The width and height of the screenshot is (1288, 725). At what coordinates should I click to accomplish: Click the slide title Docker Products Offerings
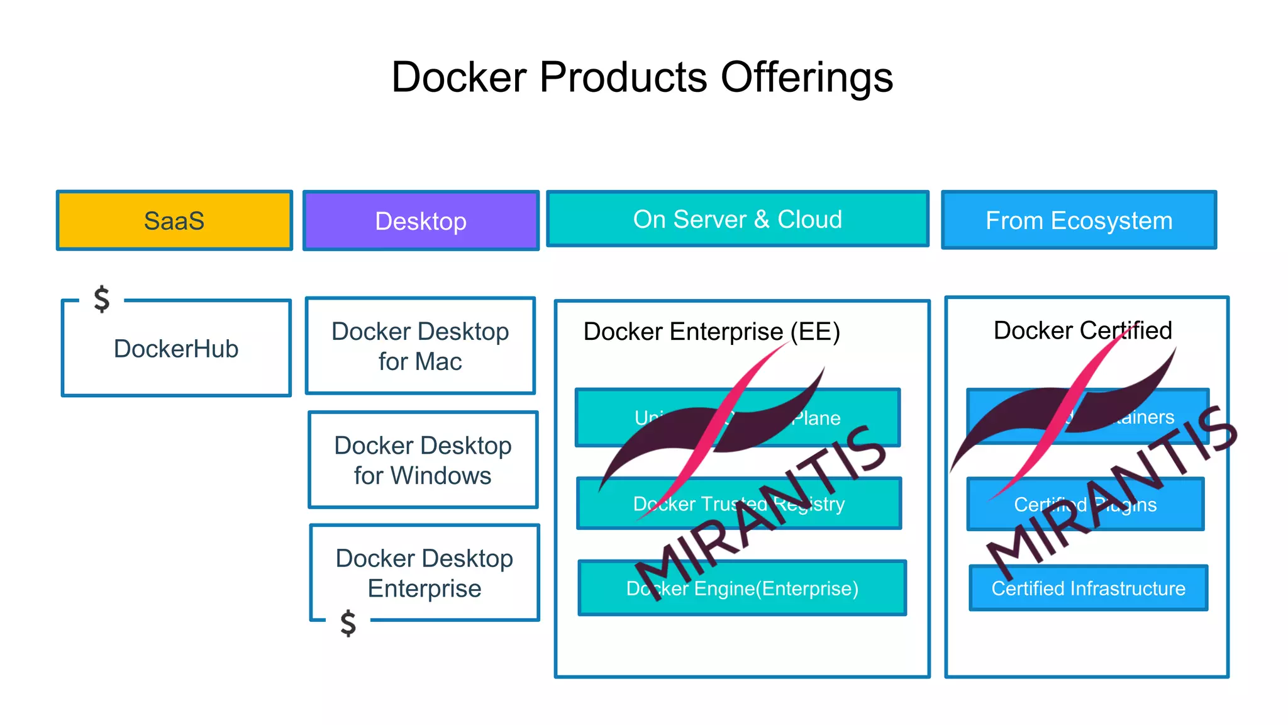click(x=642, y=77)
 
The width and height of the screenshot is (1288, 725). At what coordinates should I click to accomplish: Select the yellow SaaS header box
click(x=174, y=220)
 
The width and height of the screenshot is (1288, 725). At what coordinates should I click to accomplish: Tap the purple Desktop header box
click(x=421, y=221)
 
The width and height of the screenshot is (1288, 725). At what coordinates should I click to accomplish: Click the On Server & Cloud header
click(x=737, y=219)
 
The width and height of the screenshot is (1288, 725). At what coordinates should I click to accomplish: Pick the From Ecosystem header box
click(x=1079, y=220)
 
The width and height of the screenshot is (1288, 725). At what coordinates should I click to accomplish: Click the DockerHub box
click(x=176, y=349)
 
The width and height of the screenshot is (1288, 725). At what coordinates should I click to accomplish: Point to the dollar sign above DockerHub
click(x=101, y=299)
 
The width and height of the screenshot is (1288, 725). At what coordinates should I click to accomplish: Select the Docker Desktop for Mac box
click(x=420, y=346)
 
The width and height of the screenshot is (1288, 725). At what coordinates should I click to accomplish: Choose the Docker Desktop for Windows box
click(x=423, y=460)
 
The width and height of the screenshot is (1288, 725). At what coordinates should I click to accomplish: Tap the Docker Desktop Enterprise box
click(x=425, y=573)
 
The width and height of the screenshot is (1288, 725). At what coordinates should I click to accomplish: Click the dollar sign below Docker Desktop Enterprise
click(x=348, y=623)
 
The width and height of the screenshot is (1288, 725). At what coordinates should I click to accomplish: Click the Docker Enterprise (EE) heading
click(x=711, y=332)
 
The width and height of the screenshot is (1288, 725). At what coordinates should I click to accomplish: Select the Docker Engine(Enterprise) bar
click(x=742, y=588)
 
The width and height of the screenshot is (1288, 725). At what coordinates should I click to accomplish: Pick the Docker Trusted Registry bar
click(x=739, y=504)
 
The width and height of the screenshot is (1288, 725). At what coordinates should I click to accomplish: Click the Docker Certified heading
click(x=1082, y=330)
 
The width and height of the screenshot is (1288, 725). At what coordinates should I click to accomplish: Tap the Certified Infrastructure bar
click(x=1088, y=588)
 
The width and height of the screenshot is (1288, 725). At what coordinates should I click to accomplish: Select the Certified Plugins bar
click(x=1085, y=505)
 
